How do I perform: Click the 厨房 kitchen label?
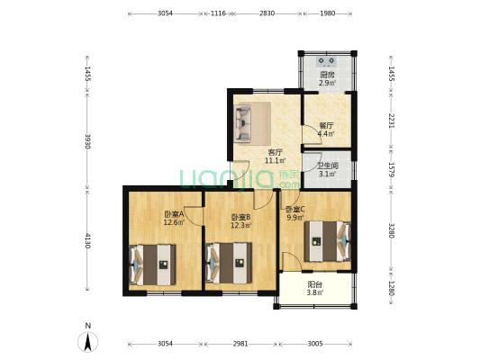click(326, 75)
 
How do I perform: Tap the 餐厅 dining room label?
click(325, 126)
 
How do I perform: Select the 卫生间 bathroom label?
click(327, 166)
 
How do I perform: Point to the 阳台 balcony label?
click(314, 284)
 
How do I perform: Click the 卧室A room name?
click(174, 214)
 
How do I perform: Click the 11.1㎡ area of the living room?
click(275, 161)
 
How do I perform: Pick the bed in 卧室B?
click(229, 265)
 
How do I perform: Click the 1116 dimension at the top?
click(218, 13)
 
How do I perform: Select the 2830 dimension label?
click(267, 13)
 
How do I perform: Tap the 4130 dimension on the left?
click(87, 241)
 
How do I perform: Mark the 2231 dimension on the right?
click(390, 121)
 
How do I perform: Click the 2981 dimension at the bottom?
click(240, 344)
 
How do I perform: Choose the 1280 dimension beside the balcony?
click(390, 289)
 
